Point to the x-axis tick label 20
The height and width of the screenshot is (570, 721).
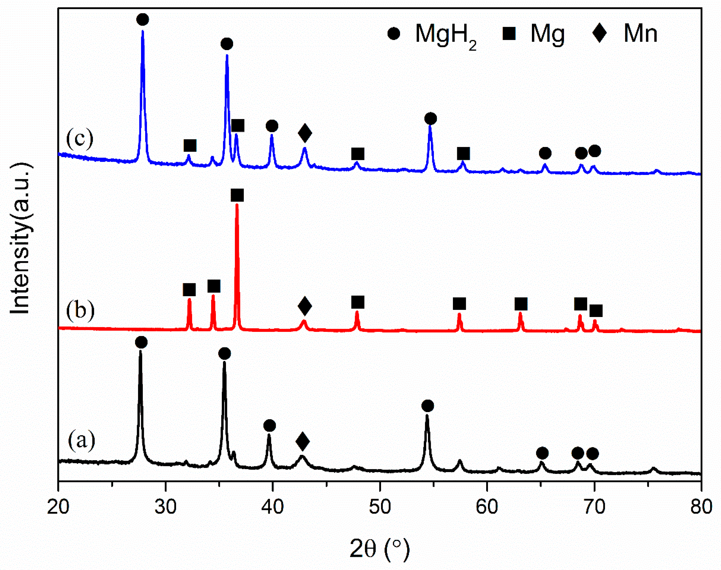pos(58,507)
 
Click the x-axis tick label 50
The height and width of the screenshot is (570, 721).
pos(380,507)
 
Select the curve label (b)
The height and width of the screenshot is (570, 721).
pos(80,310)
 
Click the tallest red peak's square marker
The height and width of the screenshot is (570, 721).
pos(237,195)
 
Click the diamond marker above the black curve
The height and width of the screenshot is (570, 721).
pos(303,441)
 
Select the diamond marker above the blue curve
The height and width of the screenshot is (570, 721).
pos(305,133)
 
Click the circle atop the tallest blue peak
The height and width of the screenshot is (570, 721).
pos(143,19)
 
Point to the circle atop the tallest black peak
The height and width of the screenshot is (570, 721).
pos(141,342)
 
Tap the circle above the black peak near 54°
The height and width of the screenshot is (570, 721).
pos(428,406)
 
